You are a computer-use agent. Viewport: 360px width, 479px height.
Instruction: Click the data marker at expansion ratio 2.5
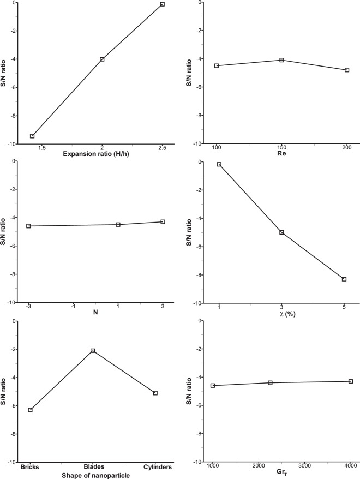(162, 4)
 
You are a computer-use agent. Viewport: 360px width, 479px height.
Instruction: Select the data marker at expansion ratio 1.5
(32, 136)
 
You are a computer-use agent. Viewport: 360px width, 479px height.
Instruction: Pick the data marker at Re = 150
(281, 60)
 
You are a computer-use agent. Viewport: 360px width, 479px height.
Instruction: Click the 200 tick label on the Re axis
(347, 148)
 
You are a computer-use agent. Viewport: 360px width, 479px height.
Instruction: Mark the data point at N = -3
(28, 226)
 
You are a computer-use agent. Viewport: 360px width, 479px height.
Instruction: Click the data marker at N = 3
(163, 221)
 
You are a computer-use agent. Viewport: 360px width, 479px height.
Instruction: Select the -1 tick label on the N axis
(73, 307)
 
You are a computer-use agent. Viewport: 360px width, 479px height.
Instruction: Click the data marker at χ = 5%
(344, 279)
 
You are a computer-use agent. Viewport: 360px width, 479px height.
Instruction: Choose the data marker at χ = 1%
(219, 164)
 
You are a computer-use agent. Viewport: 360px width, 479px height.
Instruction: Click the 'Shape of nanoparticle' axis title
(90, 475)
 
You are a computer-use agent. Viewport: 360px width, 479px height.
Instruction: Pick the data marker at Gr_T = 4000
(351, 381)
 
